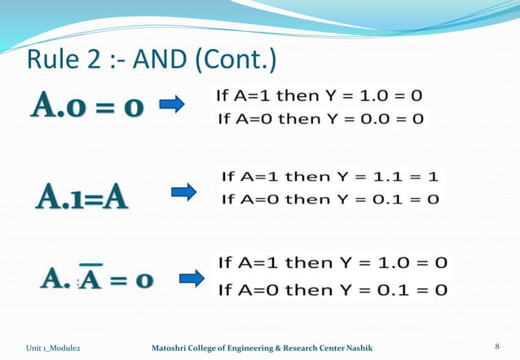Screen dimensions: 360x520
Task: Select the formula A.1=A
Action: click(81, 197)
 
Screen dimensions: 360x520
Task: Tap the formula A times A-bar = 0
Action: click(96, 279)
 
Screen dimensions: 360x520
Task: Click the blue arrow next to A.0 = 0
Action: click(171, 104)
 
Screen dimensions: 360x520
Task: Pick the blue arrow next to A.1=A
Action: click(184, 192)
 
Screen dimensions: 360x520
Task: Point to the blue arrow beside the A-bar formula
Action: click(192, 279)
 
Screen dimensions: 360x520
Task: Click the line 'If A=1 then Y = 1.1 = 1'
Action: click(330, 176)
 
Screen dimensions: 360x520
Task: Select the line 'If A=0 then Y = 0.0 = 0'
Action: click(319, 119)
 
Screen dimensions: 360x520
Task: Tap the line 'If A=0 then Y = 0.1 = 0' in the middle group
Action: click(330, 199)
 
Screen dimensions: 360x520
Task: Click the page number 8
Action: click(497, 348)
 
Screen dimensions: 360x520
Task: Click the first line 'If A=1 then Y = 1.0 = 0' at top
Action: click(319, 95)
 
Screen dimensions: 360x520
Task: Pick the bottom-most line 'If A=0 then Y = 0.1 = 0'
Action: click(332, 289)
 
